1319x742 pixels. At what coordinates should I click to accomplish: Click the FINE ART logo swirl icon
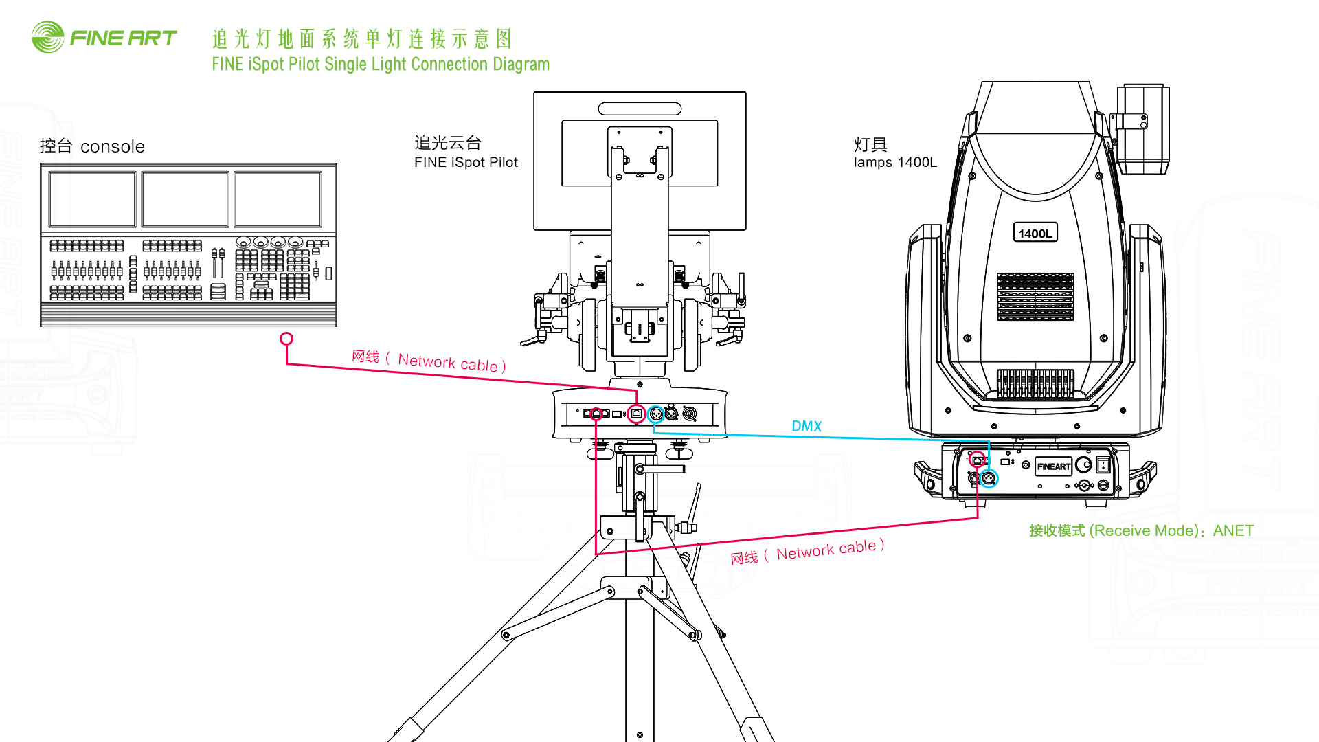47,37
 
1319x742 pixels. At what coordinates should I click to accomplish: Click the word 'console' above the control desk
113,146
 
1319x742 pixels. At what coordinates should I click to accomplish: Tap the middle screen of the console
185,199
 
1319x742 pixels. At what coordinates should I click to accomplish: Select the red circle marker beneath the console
286,339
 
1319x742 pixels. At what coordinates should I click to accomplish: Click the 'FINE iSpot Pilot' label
466,163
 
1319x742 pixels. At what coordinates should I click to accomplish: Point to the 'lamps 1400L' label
895,163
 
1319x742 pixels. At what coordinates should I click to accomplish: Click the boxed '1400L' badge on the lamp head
1035,234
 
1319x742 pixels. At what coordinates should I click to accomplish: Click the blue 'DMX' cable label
807,426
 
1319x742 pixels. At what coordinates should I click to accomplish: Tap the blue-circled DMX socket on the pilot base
656,414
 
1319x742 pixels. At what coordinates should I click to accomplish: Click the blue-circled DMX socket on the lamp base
989,478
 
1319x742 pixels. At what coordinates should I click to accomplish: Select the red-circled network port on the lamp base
977,460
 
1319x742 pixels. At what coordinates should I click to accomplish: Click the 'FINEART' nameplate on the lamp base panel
1053,466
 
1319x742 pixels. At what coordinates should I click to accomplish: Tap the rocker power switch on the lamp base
1103,465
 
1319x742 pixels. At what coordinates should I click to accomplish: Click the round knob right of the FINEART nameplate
1083,465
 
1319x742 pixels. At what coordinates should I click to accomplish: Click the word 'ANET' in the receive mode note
1233,530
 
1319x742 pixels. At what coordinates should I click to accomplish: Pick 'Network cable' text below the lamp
826,550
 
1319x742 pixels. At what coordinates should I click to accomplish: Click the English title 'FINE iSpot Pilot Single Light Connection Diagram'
381,65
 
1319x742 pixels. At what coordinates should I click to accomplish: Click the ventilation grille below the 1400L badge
1035,297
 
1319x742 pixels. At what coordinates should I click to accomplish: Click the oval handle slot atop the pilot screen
640,109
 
